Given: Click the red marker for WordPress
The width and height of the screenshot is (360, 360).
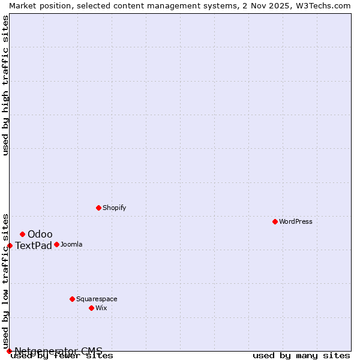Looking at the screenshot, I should click(x=275, y=221).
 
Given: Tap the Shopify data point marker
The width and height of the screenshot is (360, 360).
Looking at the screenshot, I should click(x=98, y=208).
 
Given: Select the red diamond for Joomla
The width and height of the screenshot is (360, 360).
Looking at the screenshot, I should click(x=56, y=244).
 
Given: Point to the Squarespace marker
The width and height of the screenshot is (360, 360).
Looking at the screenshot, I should click(x=72, y=299).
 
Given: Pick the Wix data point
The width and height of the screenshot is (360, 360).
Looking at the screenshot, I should click(x=91, y=308).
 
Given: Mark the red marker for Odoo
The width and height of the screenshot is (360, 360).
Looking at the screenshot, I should click(x=22, y=234).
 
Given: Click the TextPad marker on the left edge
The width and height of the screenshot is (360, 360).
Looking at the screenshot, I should click(x=10, y=245).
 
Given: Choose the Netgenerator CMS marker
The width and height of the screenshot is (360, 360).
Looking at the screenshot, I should click(x=9, y=351).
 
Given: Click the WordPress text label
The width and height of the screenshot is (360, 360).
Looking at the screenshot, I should click(x=296, y=221).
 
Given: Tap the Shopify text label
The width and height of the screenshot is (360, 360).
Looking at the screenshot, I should click(x=114, y=208).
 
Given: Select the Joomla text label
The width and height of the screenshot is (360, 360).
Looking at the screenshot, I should click(x=71, y=244).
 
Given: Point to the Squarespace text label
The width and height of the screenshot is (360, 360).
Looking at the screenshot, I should click(x=97, y=299).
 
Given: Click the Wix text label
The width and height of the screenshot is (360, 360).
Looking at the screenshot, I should click(x=101, y=308).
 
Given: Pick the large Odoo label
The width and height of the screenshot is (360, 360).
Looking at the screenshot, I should click(x=40, y=234).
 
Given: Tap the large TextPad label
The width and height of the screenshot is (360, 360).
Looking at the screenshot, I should click(x=34, y=245).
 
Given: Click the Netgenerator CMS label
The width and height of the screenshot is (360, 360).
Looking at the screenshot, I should click(x=58, y=351).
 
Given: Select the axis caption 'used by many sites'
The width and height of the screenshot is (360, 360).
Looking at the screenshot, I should click(x=301, y=356).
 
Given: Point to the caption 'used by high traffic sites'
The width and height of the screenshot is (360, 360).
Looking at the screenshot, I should click(x=6, y=85).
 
